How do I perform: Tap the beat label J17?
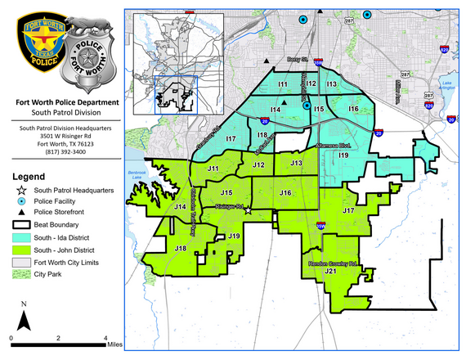(x=348, y=211)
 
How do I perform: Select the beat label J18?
(x=181, y=248)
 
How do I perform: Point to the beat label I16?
(x=353, y=109)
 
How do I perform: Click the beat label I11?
(x=282, y=84)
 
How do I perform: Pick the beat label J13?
(x=296, y=164)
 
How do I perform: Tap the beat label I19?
(x=343, y=155)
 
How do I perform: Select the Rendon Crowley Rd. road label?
(x=332, y=263)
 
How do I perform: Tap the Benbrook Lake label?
(x=136, y=174)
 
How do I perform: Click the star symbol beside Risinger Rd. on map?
(x=248, y=209)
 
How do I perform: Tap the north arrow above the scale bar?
(x=25, y=317)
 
